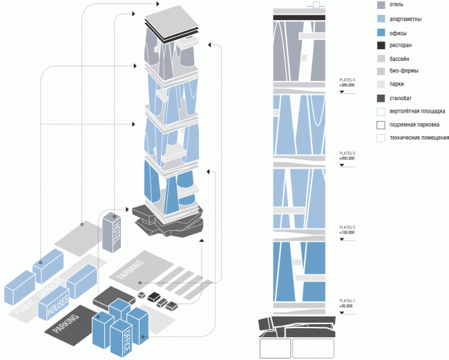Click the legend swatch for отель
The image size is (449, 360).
(x=381, y=6)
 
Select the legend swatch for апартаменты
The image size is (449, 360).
(x=381, y=19)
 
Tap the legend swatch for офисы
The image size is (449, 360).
(x=381, y=32)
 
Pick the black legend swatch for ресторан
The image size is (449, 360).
(x=381, y=46)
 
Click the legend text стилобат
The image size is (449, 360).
(x=403, y=98)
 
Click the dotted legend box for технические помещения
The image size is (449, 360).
(x=381, y=138)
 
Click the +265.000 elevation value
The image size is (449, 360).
(x=347, y=158)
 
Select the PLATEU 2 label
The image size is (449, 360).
(x=347, y=227)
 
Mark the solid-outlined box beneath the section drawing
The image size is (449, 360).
(x=275, y=348)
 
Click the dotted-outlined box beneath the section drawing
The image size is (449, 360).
(x=314, y=348)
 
